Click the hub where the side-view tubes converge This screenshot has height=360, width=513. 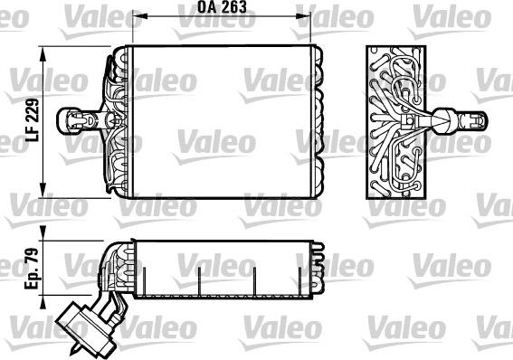412,118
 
